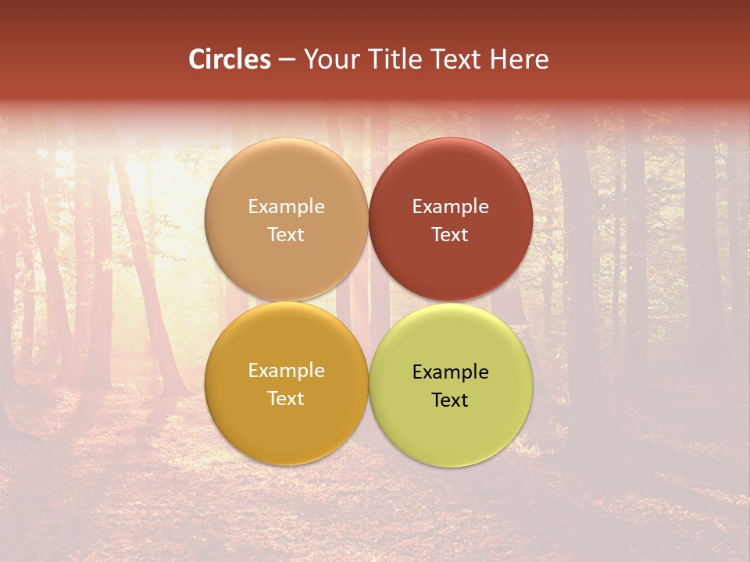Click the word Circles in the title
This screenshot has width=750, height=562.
229,59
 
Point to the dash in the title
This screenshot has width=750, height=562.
287,60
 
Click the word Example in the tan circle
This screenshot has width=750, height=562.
286,207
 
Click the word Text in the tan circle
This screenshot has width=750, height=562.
286,235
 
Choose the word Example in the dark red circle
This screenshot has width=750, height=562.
450,207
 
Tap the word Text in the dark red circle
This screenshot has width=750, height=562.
450,235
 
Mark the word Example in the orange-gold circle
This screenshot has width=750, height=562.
286,371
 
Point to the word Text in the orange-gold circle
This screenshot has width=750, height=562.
286,399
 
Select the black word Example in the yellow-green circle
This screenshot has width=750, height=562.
450,372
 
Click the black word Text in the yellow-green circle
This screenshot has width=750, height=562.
450,400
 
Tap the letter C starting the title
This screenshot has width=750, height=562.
196,59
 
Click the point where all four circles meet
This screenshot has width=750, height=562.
368,302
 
